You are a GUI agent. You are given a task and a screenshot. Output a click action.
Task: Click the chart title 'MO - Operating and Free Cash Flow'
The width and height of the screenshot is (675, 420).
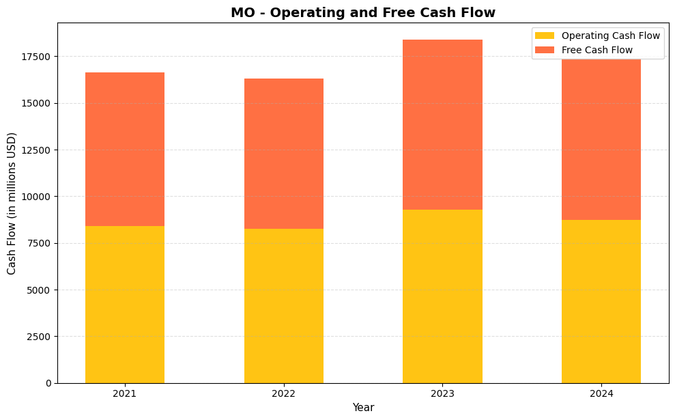tap(362, 13)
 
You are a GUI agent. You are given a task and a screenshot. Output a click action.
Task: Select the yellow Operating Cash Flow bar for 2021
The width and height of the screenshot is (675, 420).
tap(125, 305)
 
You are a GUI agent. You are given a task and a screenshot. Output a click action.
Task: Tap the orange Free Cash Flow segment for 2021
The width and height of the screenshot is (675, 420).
tap(125, 149)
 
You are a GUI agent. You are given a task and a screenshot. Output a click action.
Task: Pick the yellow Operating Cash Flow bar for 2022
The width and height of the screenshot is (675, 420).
tap(284, 306)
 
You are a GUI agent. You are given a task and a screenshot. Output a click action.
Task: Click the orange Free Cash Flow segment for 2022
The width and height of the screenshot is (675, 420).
tap(284, 154)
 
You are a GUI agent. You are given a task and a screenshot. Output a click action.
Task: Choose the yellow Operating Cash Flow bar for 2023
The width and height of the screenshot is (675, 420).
tap(442, 296)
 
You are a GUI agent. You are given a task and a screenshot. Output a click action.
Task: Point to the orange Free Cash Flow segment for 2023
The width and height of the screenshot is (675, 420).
tap(442, 124)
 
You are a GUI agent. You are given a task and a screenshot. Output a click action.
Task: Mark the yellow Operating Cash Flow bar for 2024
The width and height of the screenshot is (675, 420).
tap(601, 301)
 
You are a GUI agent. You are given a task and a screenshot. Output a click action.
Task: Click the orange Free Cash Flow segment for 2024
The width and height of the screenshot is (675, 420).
tap(601, 140)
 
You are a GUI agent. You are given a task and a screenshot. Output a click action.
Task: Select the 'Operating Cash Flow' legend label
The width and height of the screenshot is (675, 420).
tap(610, 36)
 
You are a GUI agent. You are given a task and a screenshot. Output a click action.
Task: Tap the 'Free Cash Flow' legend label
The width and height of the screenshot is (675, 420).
tap(597, 50)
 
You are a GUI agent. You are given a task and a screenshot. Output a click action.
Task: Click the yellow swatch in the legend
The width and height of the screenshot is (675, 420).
tap(545, 36)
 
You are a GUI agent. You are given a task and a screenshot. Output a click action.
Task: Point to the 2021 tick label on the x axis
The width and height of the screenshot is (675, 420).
tap(125, 393)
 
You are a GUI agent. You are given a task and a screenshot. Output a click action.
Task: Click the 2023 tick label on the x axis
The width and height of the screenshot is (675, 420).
tap(442, 393)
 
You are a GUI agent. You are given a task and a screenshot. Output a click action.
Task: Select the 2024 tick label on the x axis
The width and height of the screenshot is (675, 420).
tap(601, 393)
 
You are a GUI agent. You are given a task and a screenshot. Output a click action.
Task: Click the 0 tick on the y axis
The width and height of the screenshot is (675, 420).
tap(48, 383)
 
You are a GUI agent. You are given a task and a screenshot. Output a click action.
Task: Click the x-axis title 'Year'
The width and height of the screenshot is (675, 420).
tap(362, 408)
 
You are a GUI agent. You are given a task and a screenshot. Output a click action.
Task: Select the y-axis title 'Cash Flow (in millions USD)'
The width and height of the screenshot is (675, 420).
tap(12, 204)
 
